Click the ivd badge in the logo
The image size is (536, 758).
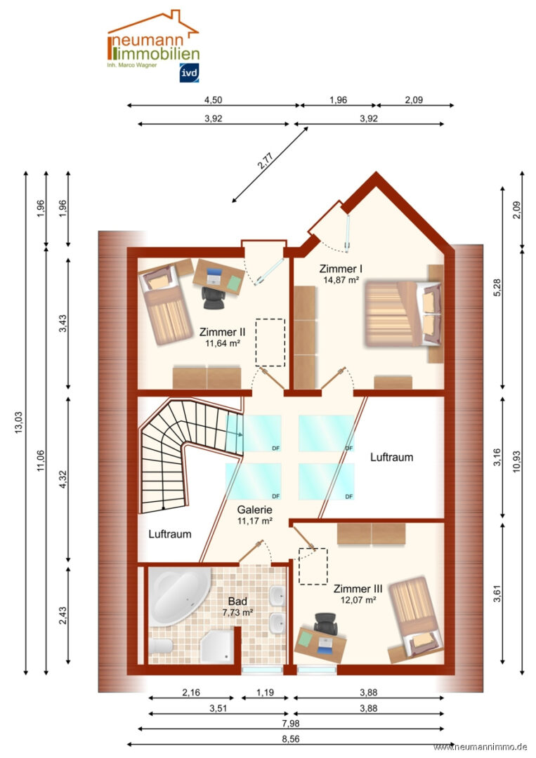point(189,73)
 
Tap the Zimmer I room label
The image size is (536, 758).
point(341,269)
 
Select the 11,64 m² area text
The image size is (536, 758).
point(223,343)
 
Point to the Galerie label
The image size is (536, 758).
point(254,510)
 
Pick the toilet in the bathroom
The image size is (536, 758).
point(161,646)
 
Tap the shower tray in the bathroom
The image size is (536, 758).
point(217,646)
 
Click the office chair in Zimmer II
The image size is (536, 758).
point(214,298)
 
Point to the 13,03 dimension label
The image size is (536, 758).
point(18,422)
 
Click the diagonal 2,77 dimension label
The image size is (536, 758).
point(266,161)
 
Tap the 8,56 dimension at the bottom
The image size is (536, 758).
point(290,738)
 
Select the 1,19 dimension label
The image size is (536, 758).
point(265,693)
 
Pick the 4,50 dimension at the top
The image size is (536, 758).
point(213,100)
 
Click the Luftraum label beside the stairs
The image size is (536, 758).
point(170,534)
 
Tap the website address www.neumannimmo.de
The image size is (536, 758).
point(480,747)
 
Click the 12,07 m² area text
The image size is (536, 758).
point(358,600)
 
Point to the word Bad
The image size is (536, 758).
point(237,601)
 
